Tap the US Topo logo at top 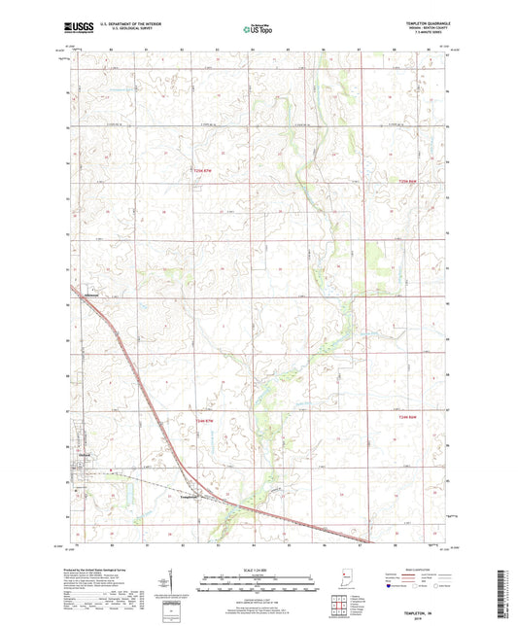(x=258, y=30)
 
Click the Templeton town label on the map (x=190, y=495)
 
